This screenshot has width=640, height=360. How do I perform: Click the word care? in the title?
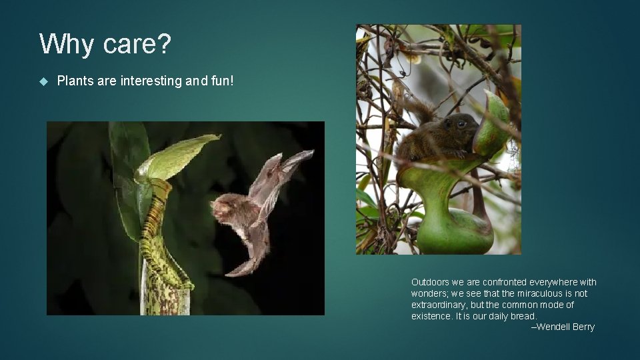tap(137, 45)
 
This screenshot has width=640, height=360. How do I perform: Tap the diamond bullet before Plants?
tap(44, 81)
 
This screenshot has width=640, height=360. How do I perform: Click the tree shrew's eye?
tap(461, 124)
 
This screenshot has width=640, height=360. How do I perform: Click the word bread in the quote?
tap(523, 316)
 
